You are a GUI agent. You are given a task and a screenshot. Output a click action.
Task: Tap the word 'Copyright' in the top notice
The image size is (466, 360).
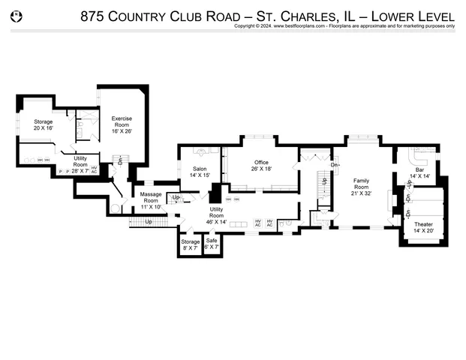tap(247, 25)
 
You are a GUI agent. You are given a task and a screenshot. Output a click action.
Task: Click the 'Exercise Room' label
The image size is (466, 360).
tap(122, 122)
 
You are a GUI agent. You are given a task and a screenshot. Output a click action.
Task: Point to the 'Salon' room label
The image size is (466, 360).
tap(200, 172)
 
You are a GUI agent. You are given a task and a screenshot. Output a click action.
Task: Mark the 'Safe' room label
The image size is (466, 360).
tap(212, 244)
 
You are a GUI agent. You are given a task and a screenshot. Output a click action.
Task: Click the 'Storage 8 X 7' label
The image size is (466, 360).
tap(191, 244)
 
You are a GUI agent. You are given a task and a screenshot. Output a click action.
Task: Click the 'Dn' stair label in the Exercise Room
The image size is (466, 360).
tap(119, 160)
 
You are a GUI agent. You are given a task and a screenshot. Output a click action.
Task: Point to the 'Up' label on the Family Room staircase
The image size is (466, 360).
tap(324, 181)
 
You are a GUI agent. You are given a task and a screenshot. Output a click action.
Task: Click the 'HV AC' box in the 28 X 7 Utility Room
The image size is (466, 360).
tap(94, 169)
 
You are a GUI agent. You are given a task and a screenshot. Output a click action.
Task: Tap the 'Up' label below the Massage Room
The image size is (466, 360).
tap(148, 222)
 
